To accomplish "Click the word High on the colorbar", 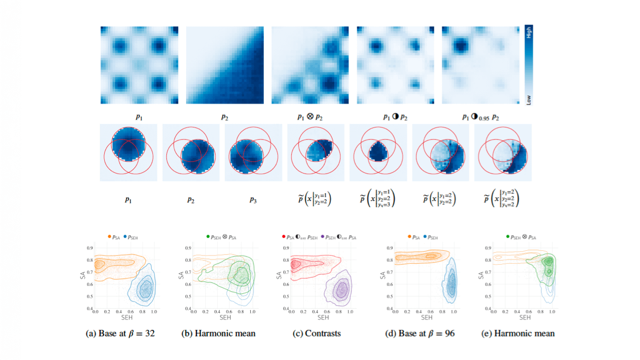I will pos(529,34).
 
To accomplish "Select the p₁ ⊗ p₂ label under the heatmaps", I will pos(310,117).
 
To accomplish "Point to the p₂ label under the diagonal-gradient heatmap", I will pos(224,117).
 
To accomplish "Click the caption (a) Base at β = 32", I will pos(120,334).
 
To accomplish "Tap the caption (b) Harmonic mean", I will pos(218,334).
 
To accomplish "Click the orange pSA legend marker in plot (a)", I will pos(110,237).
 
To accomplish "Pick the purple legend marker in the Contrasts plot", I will pos(324,237).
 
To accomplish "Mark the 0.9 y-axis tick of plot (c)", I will pos(285,248).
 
